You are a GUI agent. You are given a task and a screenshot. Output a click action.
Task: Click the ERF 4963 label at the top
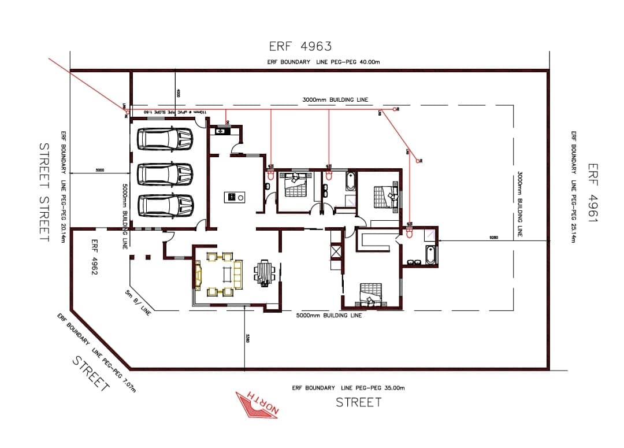pos(300,46)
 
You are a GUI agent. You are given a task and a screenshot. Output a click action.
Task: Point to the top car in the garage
pos(165,138)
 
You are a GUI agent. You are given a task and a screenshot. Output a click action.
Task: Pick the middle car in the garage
pos(165,173)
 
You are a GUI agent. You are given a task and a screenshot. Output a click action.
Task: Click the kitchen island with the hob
pos(235,197)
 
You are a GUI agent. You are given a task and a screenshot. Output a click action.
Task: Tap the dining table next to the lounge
pos(265,272)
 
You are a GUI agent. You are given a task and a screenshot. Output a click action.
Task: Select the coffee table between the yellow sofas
pos(224,273)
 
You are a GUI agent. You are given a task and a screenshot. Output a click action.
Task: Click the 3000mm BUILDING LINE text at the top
pos(335,100)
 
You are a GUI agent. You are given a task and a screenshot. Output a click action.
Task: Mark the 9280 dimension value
pos(493,238)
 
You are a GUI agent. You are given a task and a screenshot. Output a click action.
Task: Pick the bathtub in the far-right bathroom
pos(430,255)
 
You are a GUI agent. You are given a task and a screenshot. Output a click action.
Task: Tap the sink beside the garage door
pos(221,132)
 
